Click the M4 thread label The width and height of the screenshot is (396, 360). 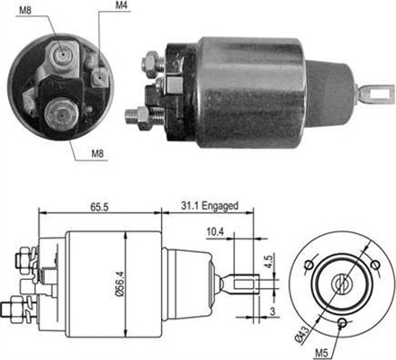click(x=121, y=8)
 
